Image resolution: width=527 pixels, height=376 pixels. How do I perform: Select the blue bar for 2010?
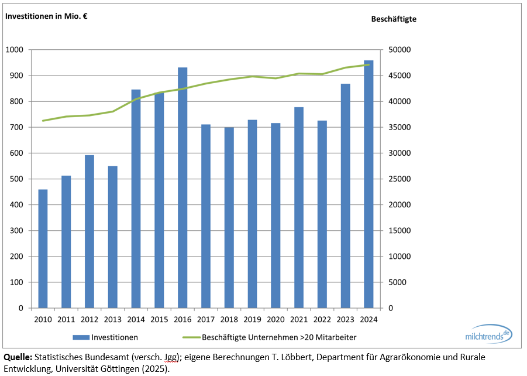click(43, 248)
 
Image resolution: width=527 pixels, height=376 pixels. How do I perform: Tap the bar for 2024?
click(368, 184)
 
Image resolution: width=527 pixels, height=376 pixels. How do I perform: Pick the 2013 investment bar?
click(112, 237)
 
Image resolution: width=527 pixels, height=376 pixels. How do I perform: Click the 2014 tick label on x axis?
click(136, 320)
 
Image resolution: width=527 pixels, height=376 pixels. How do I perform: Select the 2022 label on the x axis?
click(322, 320)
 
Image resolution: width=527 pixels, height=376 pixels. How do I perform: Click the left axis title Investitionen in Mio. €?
click(46, 16)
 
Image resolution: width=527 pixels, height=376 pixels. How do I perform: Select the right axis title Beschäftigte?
click(394, 19)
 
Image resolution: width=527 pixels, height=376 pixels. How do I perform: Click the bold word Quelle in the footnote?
click(18, 357)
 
